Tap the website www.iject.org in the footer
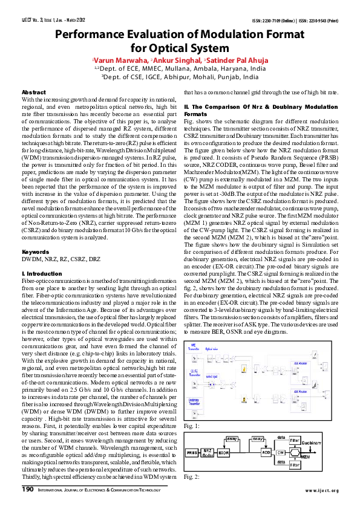tap(322, 490)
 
